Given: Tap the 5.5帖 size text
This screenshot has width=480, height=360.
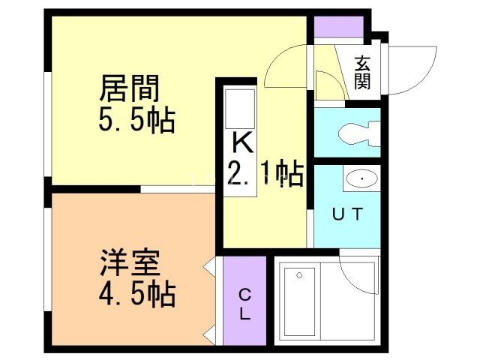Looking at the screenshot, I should (x=136, y=120).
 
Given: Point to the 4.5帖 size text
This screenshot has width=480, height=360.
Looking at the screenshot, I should (x=136, y=293).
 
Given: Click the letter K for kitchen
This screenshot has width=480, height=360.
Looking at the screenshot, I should (x=241, y=142).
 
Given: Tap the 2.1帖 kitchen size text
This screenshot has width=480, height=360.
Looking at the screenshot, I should (x=264, y=175).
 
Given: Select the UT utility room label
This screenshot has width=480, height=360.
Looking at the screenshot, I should (x=347, y=214).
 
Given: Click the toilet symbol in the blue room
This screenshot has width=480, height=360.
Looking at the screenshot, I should (x=355, y=134).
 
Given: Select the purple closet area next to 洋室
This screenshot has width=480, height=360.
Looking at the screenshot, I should (x=244, y=300).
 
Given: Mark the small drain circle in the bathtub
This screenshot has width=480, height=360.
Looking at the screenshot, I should (x=299, y=274).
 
